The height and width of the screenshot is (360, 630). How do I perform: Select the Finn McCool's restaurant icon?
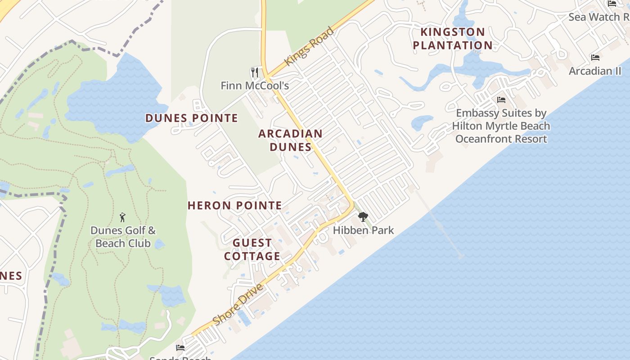(255, 72)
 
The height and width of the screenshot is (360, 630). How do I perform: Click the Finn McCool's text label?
(255, 85)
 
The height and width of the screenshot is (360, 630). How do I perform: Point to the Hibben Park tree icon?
(363, 217)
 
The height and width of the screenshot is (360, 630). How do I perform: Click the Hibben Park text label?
(363, 230)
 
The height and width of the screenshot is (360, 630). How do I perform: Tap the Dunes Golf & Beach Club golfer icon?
(122, 218)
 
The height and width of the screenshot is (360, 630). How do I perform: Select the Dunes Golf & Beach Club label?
(123, 237)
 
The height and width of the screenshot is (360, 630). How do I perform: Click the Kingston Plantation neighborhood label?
(453, 39)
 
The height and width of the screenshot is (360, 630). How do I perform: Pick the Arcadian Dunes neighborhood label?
(290, 140)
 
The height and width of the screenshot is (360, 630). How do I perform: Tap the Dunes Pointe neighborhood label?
(191, 118)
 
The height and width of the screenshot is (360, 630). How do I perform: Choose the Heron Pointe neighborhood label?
(234, 206)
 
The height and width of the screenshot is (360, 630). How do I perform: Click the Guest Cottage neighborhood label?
(252, 249)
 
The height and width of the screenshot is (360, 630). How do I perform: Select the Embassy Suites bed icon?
(501, 100)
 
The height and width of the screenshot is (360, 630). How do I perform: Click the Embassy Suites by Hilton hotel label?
(501, 126)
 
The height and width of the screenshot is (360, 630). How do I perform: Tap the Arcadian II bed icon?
(595, 58)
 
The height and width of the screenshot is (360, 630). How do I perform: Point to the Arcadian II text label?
(595, 71)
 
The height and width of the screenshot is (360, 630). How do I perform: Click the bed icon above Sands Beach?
(180, 347)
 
